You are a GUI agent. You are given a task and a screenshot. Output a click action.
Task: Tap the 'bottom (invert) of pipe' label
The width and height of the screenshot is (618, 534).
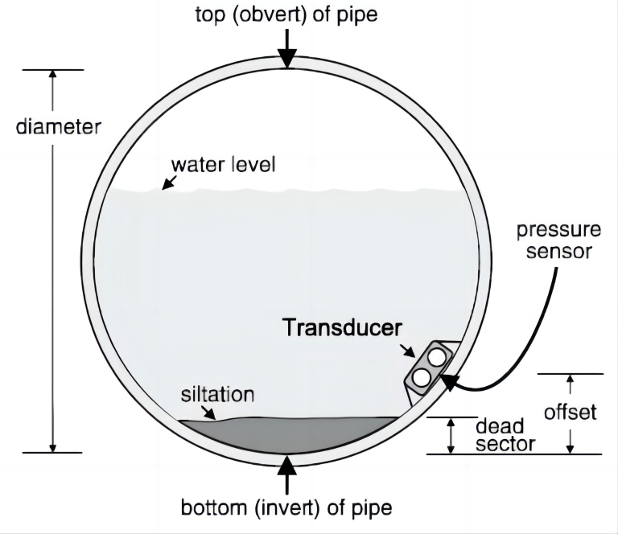point(286,508)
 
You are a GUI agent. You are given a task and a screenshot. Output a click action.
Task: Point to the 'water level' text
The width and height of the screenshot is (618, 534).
point(223,166)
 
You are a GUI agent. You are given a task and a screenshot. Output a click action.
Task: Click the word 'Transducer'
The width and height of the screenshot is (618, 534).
point(340,327)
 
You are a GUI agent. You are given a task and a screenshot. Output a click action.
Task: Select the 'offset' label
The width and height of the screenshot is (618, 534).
point(571,412)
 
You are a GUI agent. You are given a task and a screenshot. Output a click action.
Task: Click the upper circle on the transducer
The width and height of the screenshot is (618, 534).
point(436,355)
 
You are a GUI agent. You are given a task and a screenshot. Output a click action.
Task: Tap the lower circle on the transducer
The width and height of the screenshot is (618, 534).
point(421,376)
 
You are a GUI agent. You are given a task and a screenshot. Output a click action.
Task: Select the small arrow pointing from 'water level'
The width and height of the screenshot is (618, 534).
point(168,183)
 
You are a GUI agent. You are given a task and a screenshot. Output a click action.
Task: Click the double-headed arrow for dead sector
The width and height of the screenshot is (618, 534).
point(451,435)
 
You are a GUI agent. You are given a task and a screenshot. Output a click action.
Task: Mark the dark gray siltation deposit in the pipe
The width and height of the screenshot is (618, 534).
point(290,434)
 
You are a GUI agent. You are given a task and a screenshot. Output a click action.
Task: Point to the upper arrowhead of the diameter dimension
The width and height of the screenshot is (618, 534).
point(53,75)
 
